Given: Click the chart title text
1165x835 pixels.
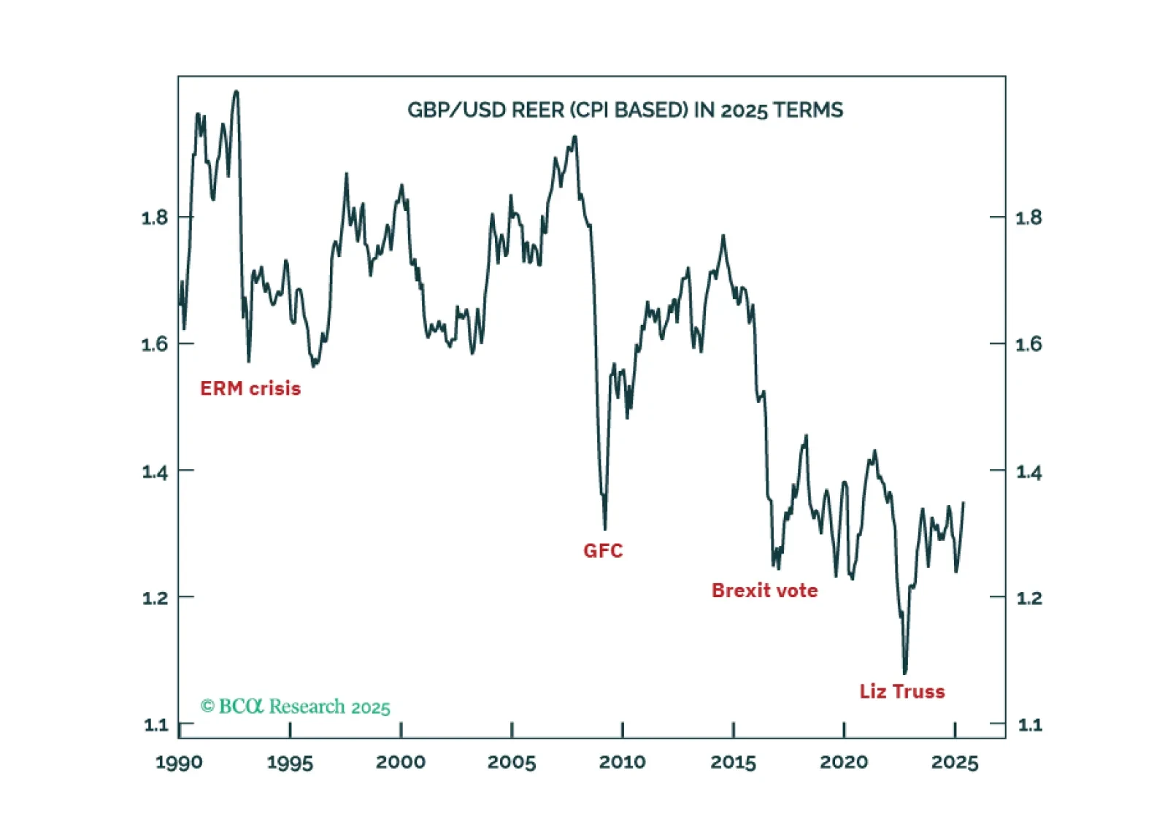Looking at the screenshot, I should [x=625, y=110].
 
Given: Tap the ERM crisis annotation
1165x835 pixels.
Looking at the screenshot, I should [x=250, y=388].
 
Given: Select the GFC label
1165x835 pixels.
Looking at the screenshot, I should [x=603, y=550].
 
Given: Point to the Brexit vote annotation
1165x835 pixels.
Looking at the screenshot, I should [x=764, y=590].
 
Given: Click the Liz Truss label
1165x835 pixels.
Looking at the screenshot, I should [x=901, y=691].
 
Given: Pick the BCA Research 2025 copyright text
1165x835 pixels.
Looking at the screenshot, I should [x=296, y=707].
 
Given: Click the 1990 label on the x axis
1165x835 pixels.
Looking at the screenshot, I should [x=179, y=763].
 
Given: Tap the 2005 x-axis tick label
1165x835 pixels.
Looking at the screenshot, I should [x=511, y=763].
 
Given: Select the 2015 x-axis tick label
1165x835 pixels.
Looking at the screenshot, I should [x=733, y=763].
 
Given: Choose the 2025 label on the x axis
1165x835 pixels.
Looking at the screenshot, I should [x=955, y=763].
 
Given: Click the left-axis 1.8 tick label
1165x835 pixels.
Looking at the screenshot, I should [x=154, y=218].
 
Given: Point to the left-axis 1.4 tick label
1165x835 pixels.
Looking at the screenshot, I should [x=154, y=472].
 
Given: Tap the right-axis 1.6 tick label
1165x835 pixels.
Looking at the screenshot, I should [x=1028, y=344].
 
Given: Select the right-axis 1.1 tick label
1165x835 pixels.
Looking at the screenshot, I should [x=1029, y=725].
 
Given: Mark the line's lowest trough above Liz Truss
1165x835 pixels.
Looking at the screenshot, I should [x=905, y=673].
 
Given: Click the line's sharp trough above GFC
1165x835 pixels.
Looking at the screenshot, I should [x=605, y=528].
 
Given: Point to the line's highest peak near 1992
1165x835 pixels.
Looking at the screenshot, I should [x=236, y=91].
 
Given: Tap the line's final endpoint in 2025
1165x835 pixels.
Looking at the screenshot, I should [x=964, y=502].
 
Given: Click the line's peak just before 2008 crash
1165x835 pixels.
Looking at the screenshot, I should [x=575, y=136].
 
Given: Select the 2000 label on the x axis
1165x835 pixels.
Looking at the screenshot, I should [x=401, y=763].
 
